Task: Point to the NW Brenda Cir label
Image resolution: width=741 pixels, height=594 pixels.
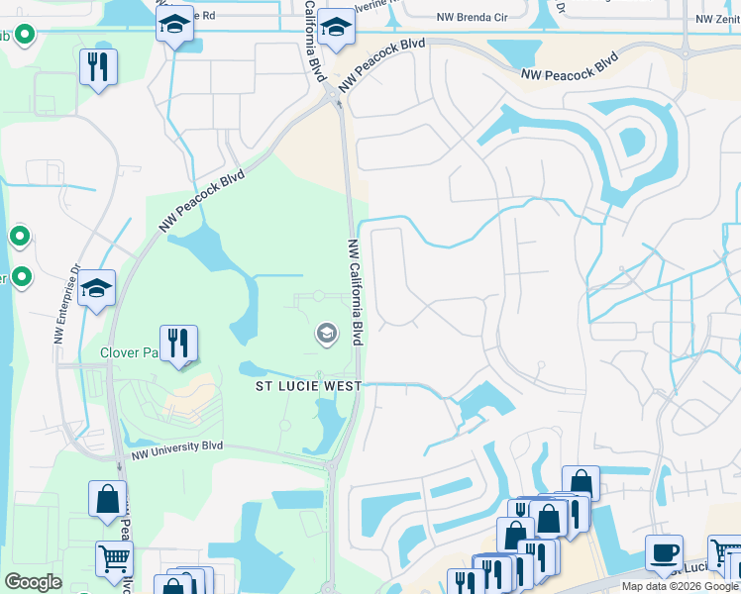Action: [x=472, y=18]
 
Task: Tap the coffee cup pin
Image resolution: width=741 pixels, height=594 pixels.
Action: [x=664, y=552]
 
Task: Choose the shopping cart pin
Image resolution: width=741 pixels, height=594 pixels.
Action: [x=115, y=558]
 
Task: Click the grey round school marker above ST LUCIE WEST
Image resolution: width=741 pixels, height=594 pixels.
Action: [x=325, y=335]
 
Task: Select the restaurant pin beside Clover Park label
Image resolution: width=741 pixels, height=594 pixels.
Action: [x=178, y=344]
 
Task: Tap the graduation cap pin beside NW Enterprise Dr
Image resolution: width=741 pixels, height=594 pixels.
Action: [x=97, y=288]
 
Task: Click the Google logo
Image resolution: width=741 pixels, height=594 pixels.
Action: [x=33, y=582]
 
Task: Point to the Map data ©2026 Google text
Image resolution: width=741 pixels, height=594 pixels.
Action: [x=681, y=586]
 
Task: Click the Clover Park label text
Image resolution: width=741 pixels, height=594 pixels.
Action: [x=129, y=352]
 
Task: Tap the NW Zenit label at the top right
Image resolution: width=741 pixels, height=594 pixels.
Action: [x=718, y=19]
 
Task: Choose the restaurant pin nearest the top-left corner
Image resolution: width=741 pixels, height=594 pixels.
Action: [x=98, y=66]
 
